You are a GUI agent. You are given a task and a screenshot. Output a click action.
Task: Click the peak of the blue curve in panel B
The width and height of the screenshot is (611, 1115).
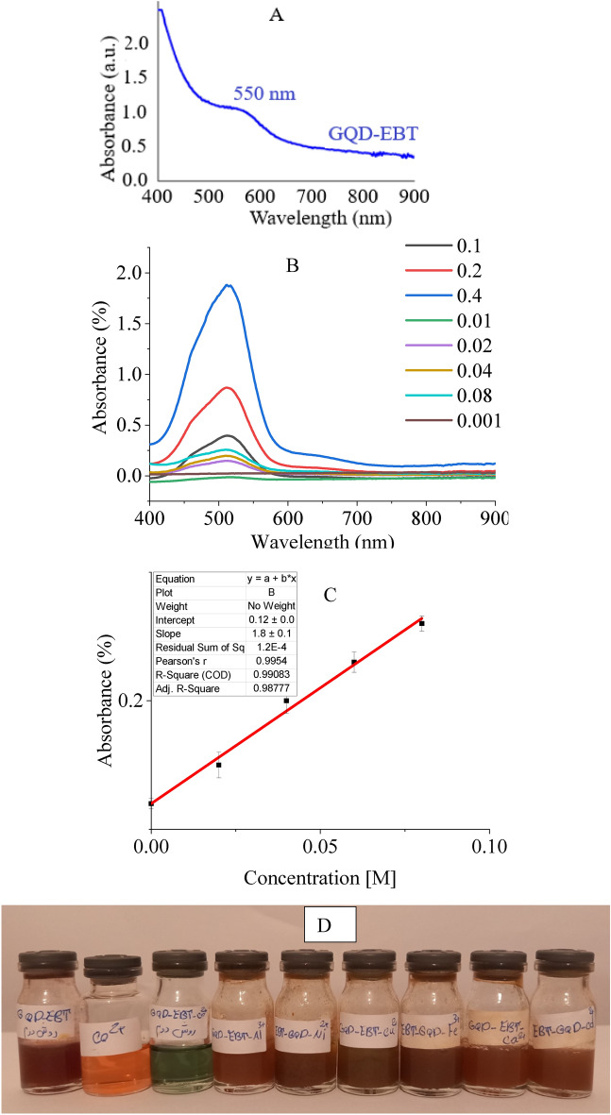[x=228, y=284]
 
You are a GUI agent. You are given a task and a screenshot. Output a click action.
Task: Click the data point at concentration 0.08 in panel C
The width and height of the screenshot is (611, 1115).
[x=421, y=623]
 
